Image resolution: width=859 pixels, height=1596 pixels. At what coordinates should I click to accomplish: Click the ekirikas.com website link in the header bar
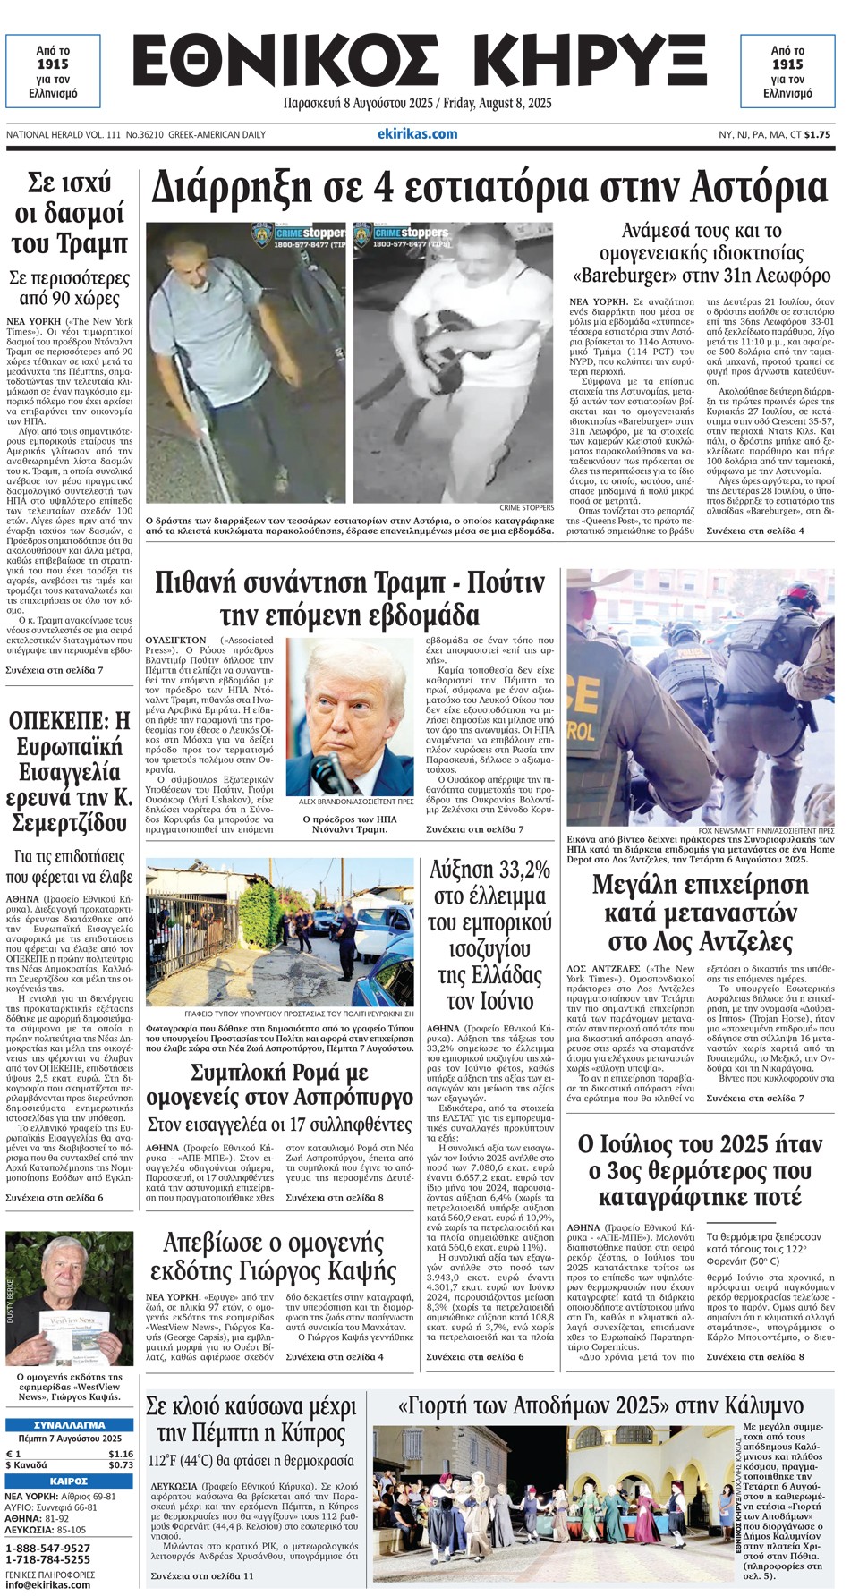coord(417,134)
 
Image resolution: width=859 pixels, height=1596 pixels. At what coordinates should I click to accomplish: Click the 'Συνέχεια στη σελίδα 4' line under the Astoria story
coord(755,531)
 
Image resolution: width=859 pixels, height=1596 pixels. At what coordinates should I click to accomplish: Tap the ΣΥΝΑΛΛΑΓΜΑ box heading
coord(69,1425)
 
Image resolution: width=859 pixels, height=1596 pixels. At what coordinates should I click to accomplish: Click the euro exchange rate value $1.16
coord(120,1454)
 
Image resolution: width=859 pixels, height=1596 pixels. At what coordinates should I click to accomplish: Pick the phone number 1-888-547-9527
coord(48,1549)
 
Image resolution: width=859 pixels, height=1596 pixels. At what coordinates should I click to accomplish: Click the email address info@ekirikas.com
coord(48,1584)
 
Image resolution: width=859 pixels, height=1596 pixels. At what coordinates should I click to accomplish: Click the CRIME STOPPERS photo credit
coord(526,508)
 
